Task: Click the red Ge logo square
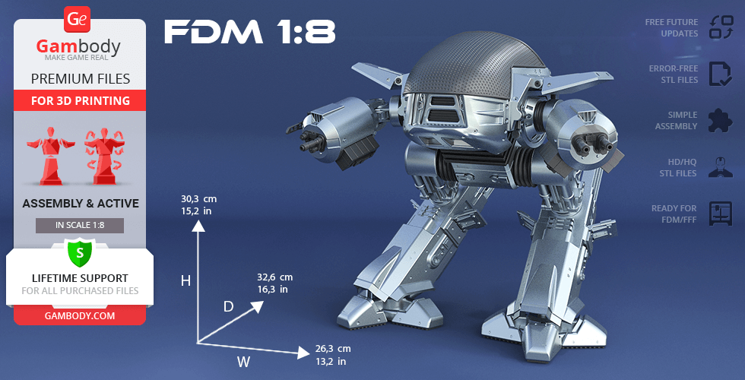[x=77, y=20]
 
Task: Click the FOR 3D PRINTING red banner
[x=80, y=100]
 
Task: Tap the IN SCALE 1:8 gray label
[x=80, y=226]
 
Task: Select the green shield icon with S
[x=80, y=252]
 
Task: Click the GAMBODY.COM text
[x=80, y=316]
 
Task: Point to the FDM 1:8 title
[x=250, y=32]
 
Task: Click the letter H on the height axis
[x=185, y=281]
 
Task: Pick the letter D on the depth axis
[x=229, y=307]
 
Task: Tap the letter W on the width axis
[x=244, y=363]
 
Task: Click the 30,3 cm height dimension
[x=198, y=199]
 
